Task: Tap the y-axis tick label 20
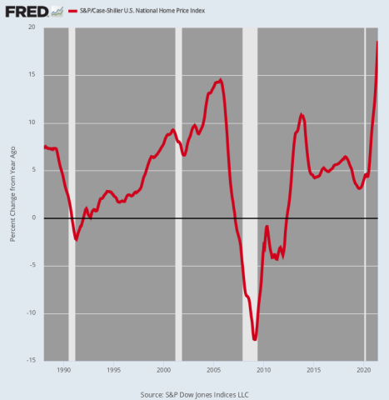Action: pos(32,27)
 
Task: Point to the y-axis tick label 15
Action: pos(32,75)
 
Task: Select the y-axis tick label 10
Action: pos(32,122)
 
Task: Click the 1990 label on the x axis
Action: pos(64,369)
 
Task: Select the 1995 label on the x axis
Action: pos(114,369)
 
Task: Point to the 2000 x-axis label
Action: pos(164,369)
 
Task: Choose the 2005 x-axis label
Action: pos(214,369)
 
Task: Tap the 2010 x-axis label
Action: pos(264,369)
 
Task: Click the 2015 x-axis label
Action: pos(314,369)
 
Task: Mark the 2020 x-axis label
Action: pos(364,369)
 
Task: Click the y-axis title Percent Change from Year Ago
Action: pos(12,193)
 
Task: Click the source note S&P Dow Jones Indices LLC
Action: pos(194,393)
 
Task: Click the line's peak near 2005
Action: pos(220,80)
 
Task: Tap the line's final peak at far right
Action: pos(377,42)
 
